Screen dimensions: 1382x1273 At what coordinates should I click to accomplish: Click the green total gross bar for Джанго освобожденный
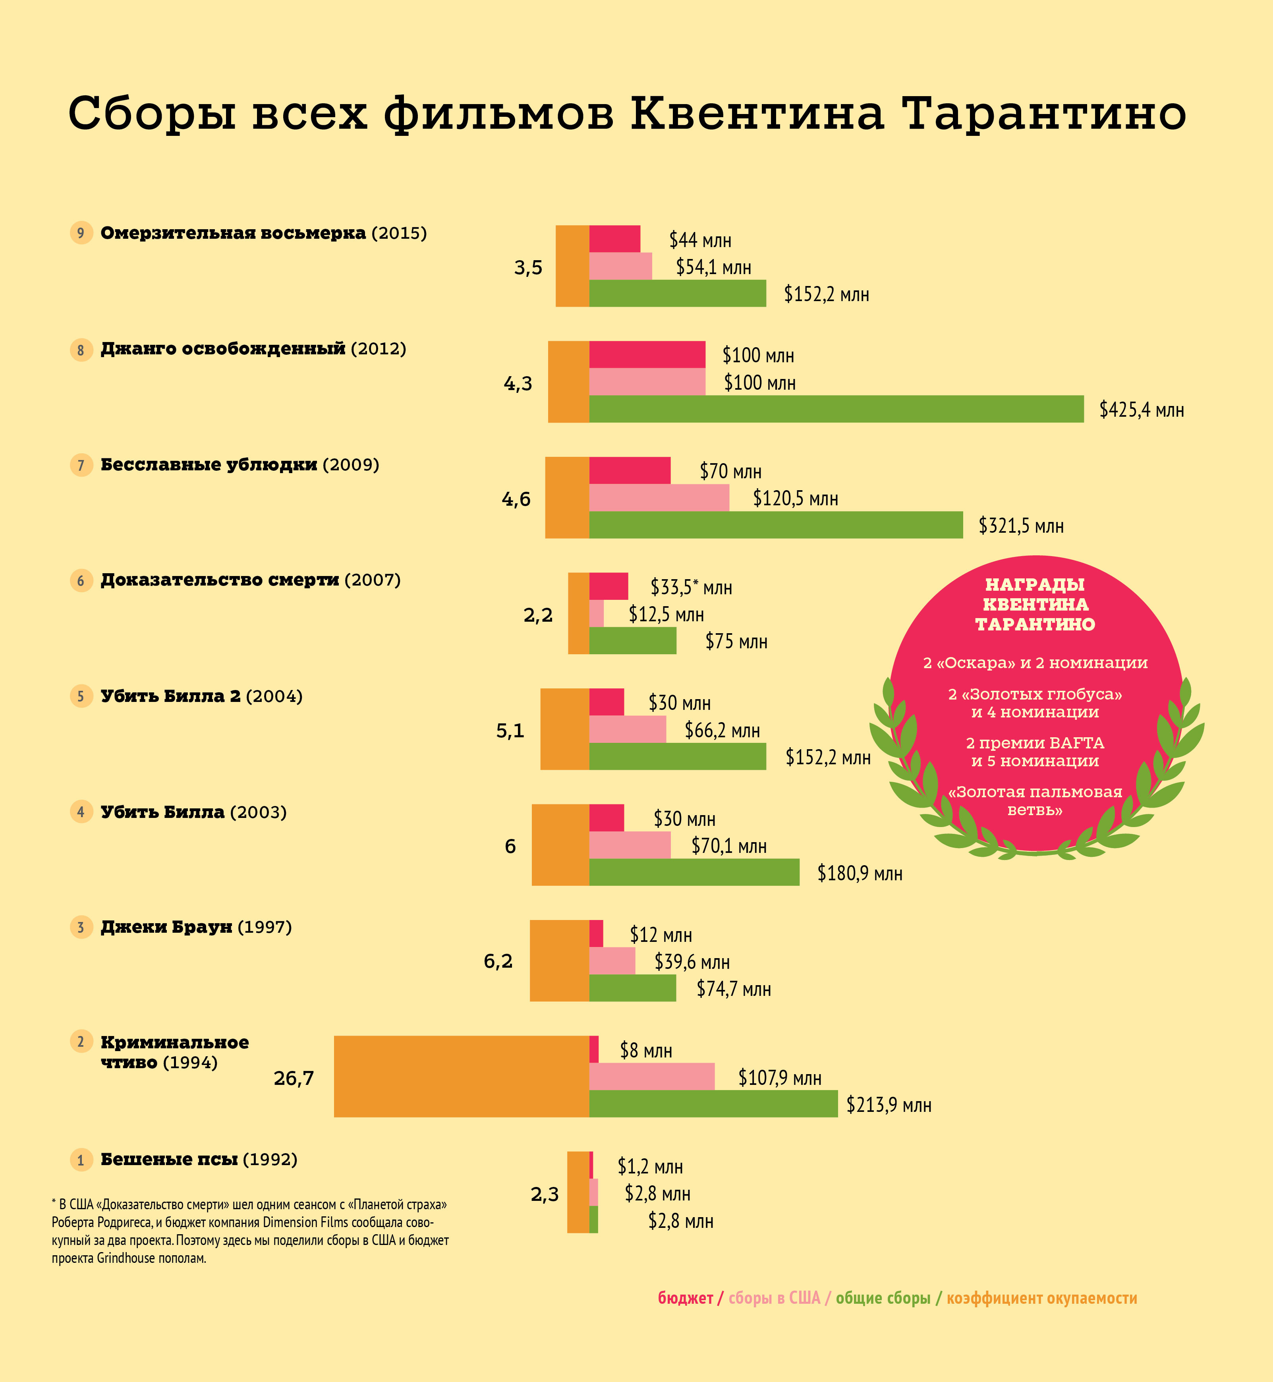(x=836, y=409)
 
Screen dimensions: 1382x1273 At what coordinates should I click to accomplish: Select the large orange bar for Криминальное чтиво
(x=462, y=1076)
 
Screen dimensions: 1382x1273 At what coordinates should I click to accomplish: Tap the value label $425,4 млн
(x=1142, y=410)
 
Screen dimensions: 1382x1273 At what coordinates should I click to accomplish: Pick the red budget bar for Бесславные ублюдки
(x=630, y=471)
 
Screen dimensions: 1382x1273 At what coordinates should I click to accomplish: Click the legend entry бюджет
(x=686, y=1298)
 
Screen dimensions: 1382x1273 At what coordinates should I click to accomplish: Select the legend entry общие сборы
(x=883, y=1298)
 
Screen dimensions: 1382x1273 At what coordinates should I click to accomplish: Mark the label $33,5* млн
(x=691, y=587)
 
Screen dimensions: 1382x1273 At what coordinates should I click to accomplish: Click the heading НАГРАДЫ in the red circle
(x=1035, y=585)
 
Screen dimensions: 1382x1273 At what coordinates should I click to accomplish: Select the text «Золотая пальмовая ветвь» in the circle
(x=1035, y=800)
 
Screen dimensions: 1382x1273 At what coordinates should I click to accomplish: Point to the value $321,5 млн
(x=1021, y=526)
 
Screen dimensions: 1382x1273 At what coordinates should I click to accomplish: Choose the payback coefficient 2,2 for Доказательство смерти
(x=538, y=615)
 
